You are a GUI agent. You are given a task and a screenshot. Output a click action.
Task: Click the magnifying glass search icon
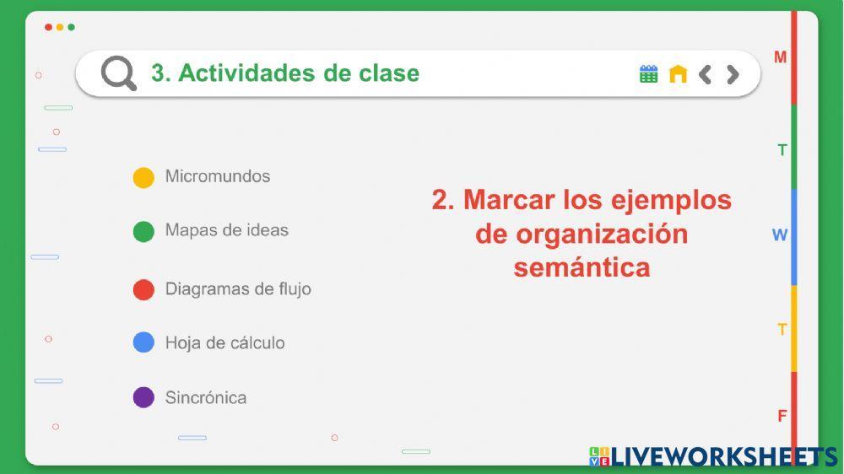(119, 73)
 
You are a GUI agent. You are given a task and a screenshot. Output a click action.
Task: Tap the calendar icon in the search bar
(648, 74)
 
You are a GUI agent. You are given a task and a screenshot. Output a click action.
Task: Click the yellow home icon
(678, 74)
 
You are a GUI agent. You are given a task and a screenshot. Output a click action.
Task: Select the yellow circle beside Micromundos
(143, 177)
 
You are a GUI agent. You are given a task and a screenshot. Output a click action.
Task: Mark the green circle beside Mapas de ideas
(143, 231)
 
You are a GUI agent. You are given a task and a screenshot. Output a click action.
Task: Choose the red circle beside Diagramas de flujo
(143, 289)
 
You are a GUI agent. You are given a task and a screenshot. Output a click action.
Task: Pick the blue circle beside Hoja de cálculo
(143, 342)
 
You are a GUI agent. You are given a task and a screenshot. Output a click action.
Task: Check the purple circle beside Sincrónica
(143, 397)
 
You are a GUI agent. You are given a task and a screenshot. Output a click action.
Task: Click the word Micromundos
(218, 176)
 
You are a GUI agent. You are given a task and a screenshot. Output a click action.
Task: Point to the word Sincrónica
(206, 397)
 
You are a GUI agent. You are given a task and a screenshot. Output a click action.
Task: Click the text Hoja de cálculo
(225, 342)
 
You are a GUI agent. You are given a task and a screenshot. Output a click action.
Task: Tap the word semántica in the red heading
(582, 267)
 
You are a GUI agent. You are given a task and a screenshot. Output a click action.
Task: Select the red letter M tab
(781, 57)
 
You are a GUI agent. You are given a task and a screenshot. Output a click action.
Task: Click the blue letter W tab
(780, 235)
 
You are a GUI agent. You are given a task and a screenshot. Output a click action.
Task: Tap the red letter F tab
(782, 416)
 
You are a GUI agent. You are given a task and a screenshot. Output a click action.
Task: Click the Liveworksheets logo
(713, 456)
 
